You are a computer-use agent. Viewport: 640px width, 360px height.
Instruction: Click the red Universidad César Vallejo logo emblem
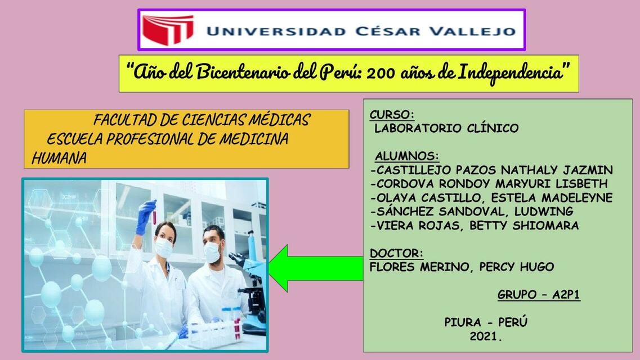(x=168, y=29)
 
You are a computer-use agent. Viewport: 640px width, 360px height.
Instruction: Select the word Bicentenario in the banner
(x=243, y=73)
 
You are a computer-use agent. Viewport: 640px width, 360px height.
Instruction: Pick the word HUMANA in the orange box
(x=59, y=159)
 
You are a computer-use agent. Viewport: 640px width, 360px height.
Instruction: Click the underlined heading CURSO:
(x=392, y=115)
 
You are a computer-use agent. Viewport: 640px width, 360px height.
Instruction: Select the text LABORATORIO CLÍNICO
(x=446, y=128)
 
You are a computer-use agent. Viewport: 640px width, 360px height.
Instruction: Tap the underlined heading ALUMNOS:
(x=407, y=156)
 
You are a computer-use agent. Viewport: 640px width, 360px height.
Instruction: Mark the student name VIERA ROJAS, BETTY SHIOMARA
(x=475, y=226)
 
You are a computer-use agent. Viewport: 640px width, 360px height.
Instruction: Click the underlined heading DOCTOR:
(x=396, y=253)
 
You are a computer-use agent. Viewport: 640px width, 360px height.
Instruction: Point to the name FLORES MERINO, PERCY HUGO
(x=462, y=267)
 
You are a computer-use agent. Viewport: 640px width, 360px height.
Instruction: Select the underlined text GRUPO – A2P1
(x=539, y=295)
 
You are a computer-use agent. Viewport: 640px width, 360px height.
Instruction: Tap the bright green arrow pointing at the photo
(x=312, y=268)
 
